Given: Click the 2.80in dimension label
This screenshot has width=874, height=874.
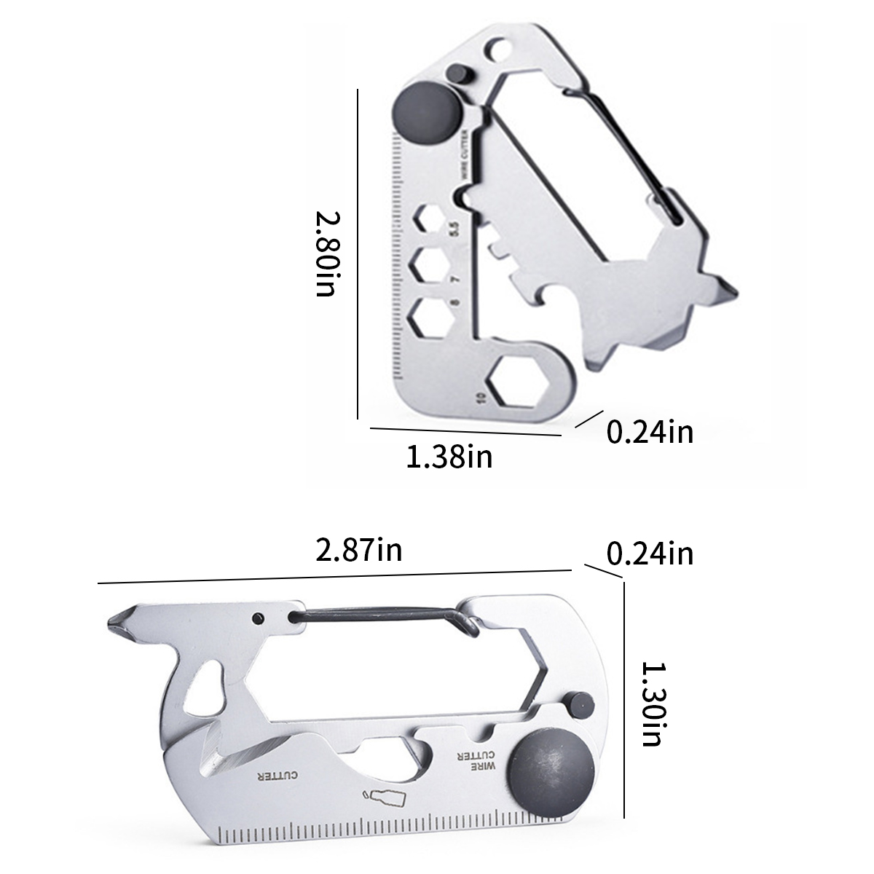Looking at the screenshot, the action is [x=328, y=254].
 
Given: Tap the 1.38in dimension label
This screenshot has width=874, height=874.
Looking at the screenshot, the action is [x=449, y=457].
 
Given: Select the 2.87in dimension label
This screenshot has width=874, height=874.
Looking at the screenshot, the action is [x=359, y=550].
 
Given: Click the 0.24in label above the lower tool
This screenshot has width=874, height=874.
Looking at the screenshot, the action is [x=650, y=554].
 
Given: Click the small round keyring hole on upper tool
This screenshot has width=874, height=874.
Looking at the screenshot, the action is [x=498, y=50].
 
